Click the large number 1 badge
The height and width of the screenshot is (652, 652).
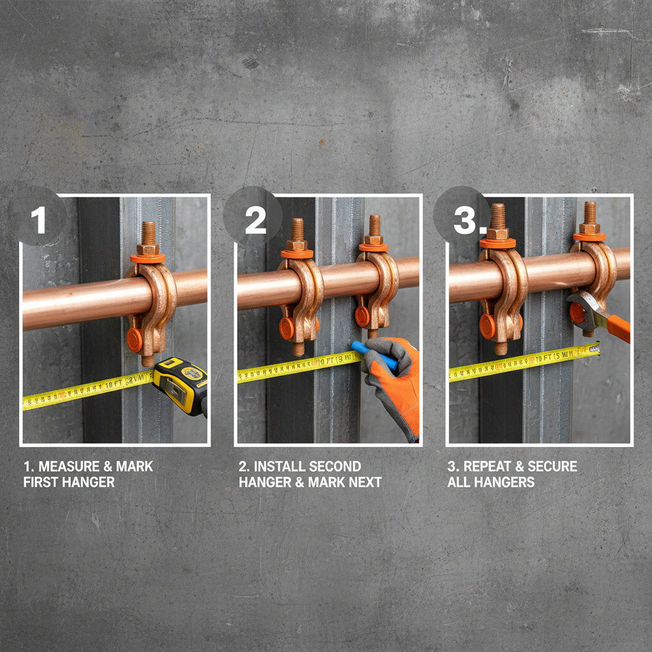[39, 220]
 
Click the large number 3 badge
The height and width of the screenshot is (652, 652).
[467, 220]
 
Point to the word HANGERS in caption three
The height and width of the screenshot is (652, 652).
[491, 482]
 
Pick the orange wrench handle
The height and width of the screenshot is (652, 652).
[618, 327]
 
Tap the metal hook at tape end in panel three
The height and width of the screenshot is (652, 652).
[595, 348]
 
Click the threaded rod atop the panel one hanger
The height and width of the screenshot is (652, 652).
[148, 232]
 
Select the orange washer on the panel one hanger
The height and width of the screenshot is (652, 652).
[147, 258]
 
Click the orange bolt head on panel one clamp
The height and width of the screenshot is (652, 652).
[134, 340]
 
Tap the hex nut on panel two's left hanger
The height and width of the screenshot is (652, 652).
[297, 244]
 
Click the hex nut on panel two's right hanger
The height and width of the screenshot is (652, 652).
[374, 239]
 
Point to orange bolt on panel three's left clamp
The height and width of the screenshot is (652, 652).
[488, 325]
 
